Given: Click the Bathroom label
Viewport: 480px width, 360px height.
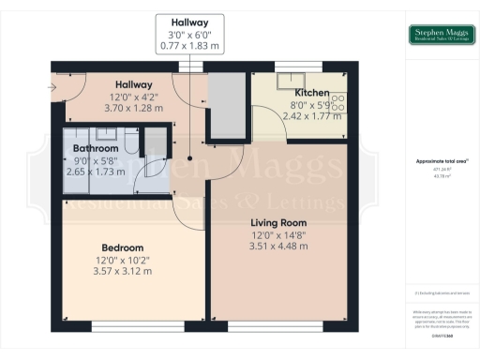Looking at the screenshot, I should click(96, 148).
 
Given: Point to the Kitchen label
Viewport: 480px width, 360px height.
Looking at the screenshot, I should click(310, 94).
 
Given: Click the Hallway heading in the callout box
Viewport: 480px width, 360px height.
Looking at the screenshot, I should click(190, 22).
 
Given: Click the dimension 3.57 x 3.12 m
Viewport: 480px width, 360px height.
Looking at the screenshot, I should click(123, 271).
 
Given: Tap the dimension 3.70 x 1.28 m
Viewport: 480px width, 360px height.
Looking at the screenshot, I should click(134, 108).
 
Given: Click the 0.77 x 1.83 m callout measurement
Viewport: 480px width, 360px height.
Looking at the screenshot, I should click(190, 45).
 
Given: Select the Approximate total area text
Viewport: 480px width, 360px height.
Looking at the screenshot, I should click(441, 161).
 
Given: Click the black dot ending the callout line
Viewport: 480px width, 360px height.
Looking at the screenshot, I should click(190, 157).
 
